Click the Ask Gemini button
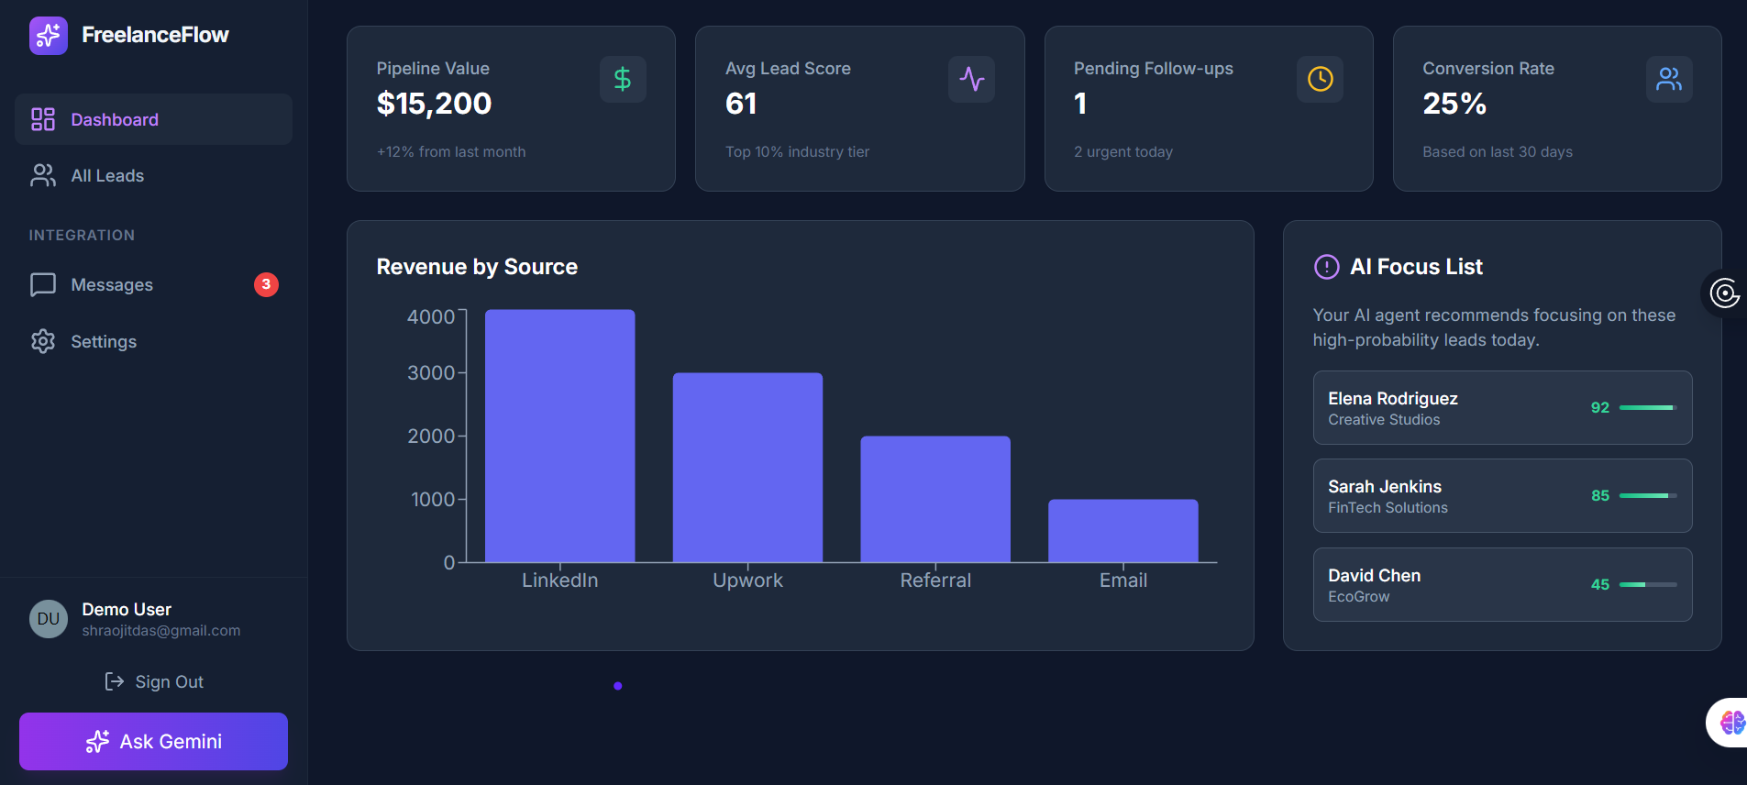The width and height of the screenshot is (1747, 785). pyautogui.click(x=153, y=741)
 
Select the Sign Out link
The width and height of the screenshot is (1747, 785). pyautogui.click(x=154, y=681)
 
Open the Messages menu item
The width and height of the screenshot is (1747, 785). pyautogui.click(x=112, y=285)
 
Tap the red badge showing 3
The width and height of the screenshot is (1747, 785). pyautogui.click(x=266, y=284)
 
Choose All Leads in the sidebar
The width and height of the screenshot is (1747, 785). pyautogui.click(x=107, y=176)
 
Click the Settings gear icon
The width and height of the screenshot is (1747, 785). pyautogui.click(x=43, y=341)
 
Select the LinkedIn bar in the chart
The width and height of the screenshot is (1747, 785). pyautogui.click(x=559, y=436)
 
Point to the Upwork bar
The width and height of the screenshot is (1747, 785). pyautogui.click(x=747, y=467)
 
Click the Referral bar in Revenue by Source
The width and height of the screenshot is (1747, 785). pyautogui.click(x=935, y=499)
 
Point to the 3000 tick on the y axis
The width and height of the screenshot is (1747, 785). pyautogui.click(x=431, y=373)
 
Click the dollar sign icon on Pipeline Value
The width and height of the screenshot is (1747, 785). pyautogui.click(x=623, y=80)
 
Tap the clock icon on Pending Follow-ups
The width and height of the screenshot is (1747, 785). pyautogui.click(x=1320, y=80)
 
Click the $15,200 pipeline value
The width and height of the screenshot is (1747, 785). pyautogui.click(x=434, y=104)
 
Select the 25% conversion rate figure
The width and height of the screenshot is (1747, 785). pyautogui.click(x=1454, y=104)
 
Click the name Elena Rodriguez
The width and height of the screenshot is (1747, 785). pyautogui.click(x=1392, y=398)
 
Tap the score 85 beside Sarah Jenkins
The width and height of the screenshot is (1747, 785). pyautogui.click(x=1600, y=495)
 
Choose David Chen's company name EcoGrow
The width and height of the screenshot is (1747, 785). pyautogui.click(x=1358, y=596)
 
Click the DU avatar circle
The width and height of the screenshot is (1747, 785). pyautogui.click(x=49, y=619)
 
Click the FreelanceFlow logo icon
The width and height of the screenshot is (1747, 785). pyautogui.click(x=49, y=36)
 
